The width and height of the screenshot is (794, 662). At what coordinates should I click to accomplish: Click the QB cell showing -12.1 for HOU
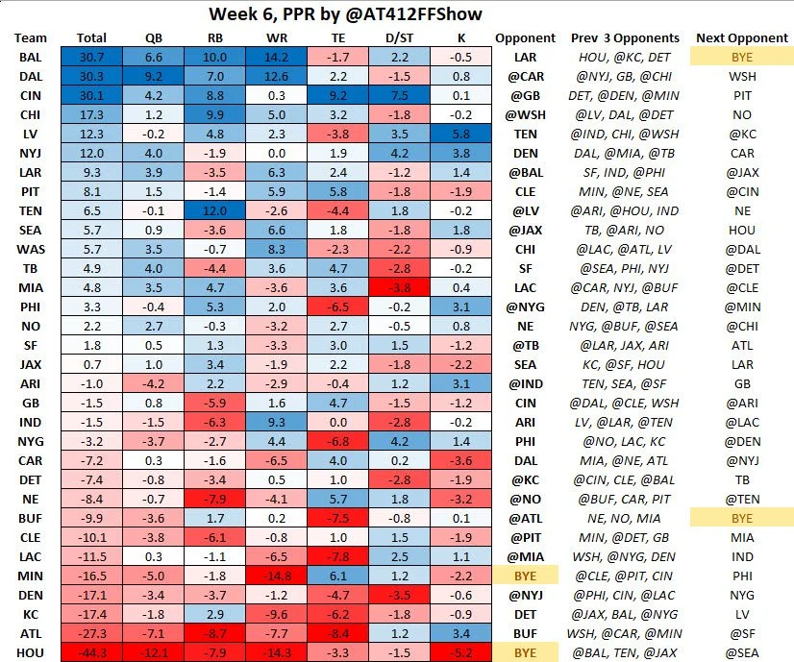(x=154, y=653)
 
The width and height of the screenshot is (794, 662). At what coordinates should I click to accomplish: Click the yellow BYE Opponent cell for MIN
(x=525, y=576)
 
